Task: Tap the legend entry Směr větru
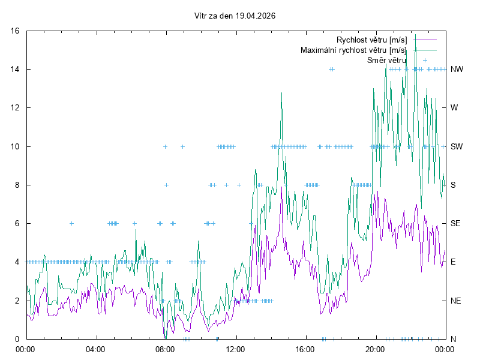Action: coord(386,60)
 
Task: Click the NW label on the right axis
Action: coord(457,69)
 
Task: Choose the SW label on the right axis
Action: coord(457,146)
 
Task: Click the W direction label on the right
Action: coord(454,108)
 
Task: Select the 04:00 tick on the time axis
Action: coord(95,348)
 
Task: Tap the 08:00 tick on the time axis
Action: coord(165,348)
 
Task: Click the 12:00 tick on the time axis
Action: coord(235,348)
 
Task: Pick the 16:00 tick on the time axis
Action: coord(305,348)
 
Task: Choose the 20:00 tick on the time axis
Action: coord(375,348)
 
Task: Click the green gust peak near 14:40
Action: coord(281,94)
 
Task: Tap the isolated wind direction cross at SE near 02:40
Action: coord(71,223)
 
